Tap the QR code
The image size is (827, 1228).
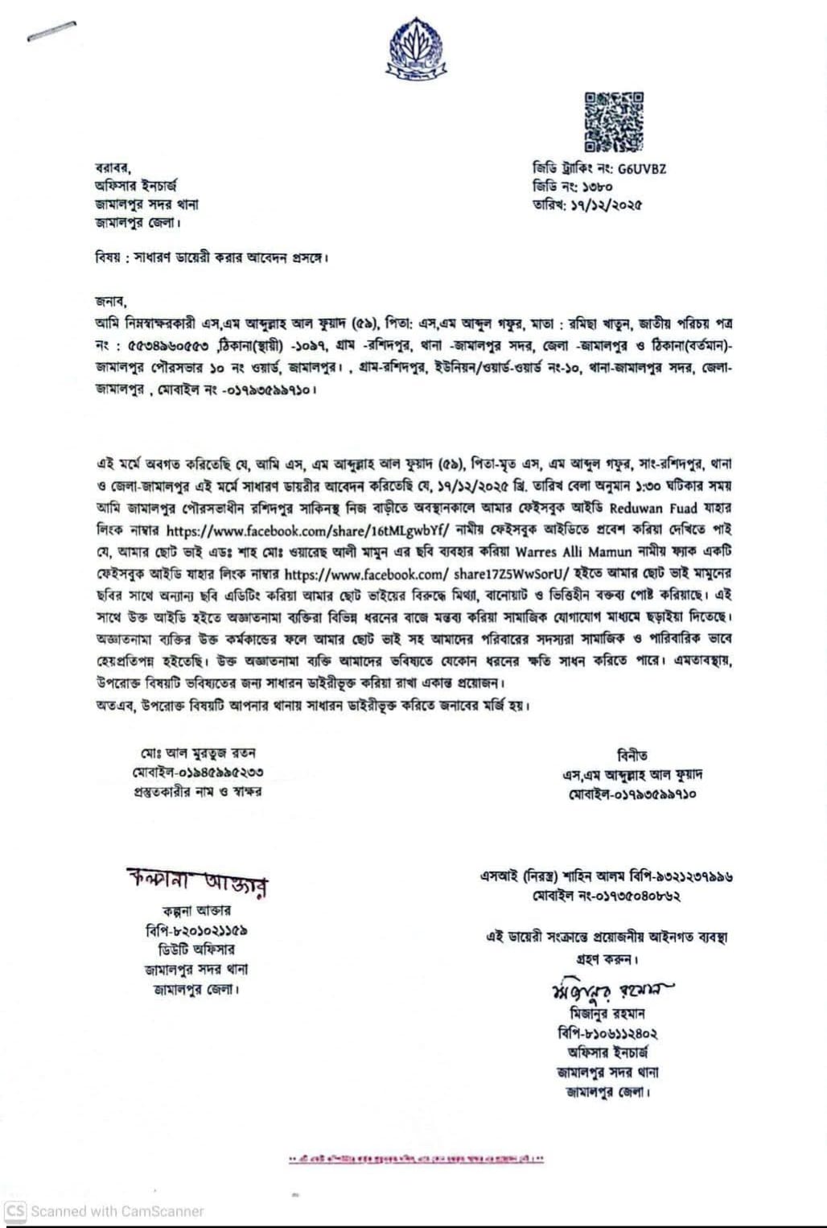point(614,122)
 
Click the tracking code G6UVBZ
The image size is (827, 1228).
point(642,169)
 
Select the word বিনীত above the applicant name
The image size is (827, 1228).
point(632,756)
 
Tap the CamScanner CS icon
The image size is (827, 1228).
point(15,1210)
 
